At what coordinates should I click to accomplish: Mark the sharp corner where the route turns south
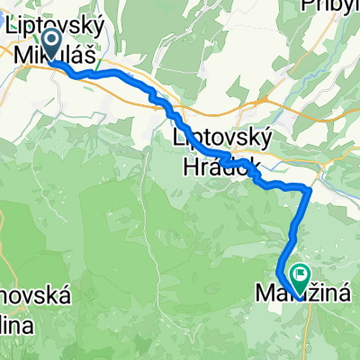click(x=310, y=190)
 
